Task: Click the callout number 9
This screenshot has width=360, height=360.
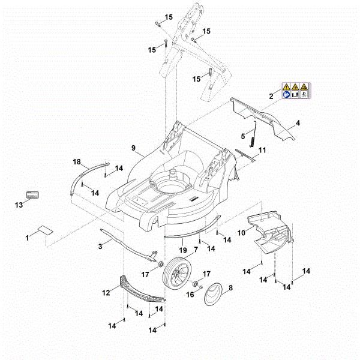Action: pyautogui.click(x=133, y=147)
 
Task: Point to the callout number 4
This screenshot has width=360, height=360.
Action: pyautogui.click(x=298, y=124)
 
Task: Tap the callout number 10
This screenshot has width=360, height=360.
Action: pyautogui.click(x=242, y=232)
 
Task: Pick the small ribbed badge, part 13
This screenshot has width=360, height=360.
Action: pyautogui.click(x=31, y=194)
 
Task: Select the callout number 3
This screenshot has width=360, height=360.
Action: pyautogui.click(x=101, y=245)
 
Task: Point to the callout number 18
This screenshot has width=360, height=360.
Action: pyautogui.click(x=77, y=162)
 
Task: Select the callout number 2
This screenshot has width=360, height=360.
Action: pyautogui.click(x=271, y=96)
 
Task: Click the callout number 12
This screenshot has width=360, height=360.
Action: pyautogui.click(x=106, y=293)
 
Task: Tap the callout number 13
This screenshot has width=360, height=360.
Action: pyautogui.click(x=18, y=205)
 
